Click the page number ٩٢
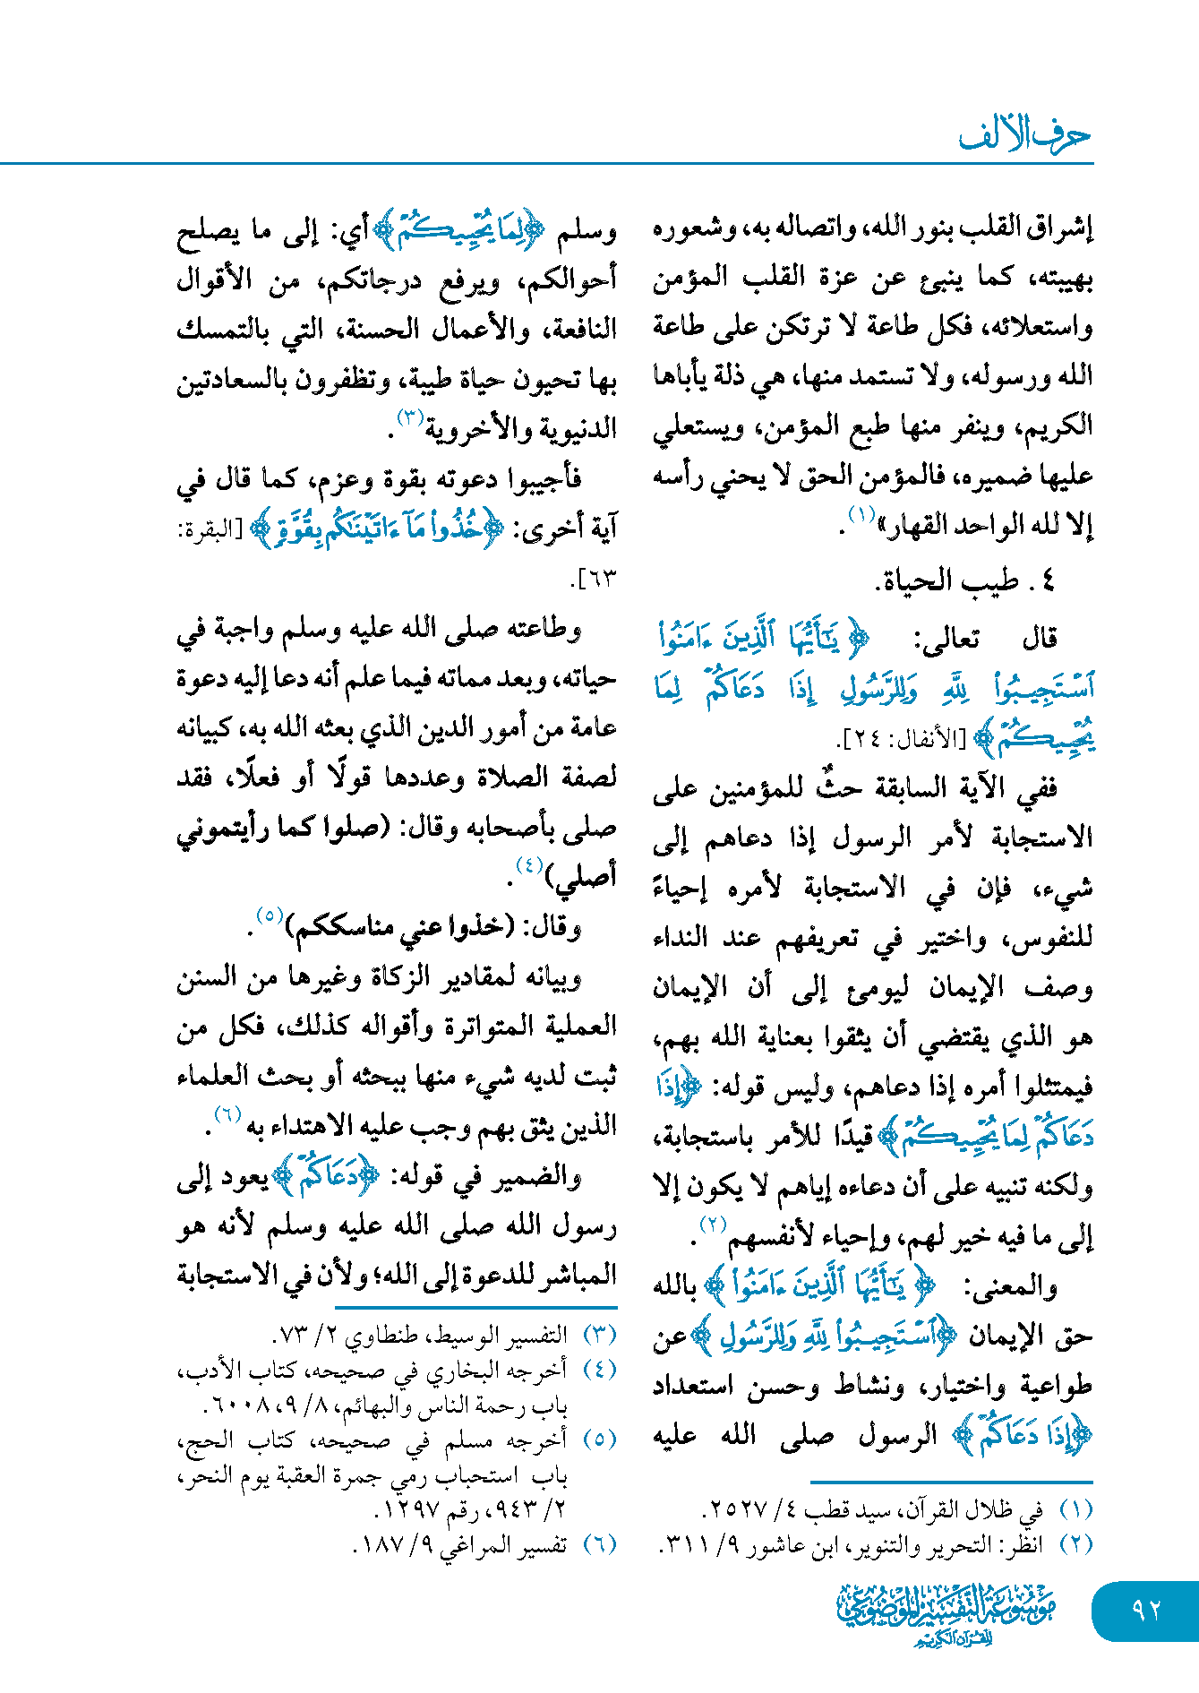[x=1145, y=1610]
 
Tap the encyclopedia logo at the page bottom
[x=946, y=1613]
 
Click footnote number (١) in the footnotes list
[x=1076, y=1509]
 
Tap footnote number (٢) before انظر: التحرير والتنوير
[x=1076, y=1544]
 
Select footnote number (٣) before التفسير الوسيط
[x=600, y=1335]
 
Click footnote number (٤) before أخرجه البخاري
[x=600, y=1370]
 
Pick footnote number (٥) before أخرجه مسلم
[x=600, y=1439]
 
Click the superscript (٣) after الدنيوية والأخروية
[x=409, y=417]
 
